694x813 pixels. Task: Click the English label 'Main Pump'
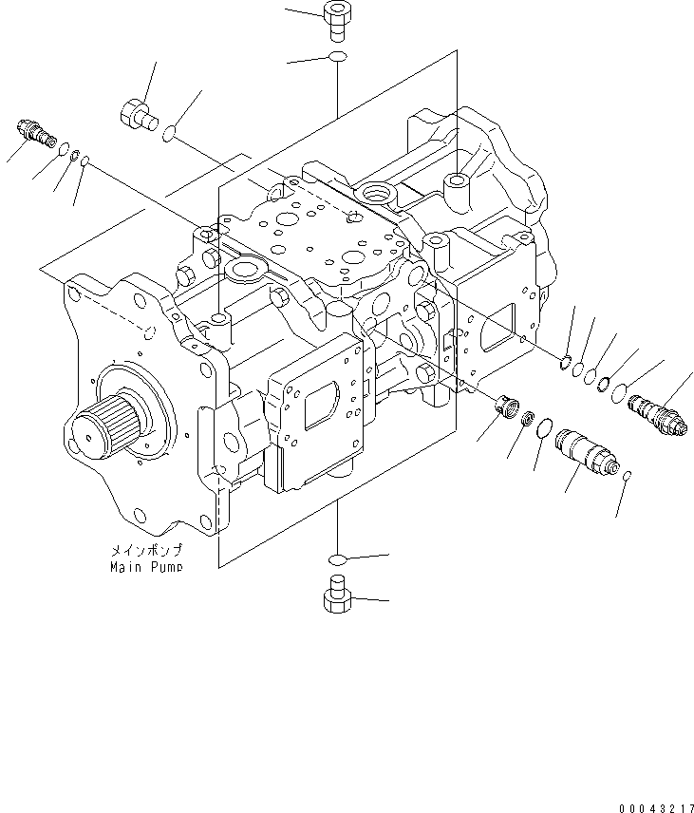tap(143, 567)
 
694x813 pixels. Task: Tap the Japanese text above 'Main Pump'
tap(143, 551)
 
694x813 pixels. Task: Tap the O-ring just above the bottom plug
tap(337, 558)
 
